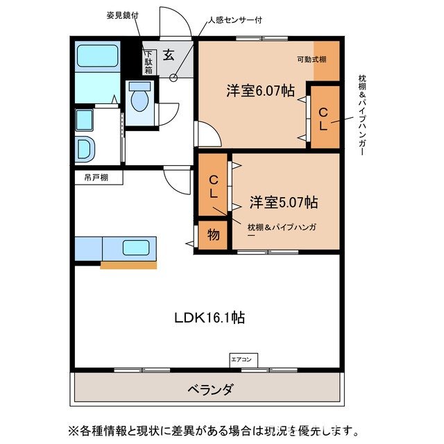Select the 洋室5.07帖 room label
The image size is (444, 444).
click(x=284, y=203)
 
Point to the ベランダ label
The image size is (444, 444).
click(x=210, y=389)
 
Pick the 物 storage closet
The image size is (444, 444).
click(x=214, y=235)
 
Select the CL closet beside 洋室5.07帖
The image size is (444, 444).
click(x=214, y=188)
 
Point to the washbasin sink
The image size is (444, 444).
click(x=84, y=148)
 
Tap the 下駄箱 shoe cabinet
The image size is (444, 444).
click(x=148, y=62)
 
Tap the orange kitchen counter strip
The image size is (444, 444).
click(x=128, y=264)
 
